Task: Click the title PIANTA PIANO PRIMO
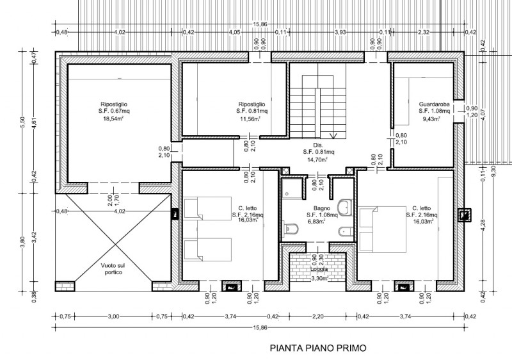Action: [318, 349]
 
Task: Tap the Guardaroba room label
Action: [433, 104]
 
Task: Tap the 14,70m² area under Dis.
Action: [317, 160]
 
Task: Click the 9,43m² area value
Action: [433, 119]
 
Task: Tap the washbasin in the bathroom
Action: [346, 207]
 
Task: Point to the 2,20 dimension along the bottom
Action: [318, 315]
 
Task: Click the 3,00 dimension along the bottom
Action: [113, 315]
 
